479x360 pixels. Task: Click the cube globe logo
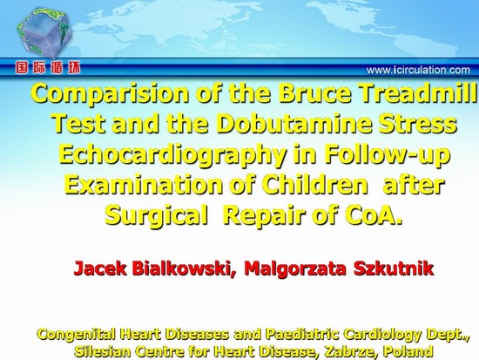(x=44, y=33)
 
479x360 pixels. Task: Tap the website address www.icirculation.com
(x=418, y=70)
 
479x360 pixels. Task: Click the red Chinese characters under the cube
(x=48, y=68)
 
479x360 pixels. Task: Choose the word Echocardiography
(x=172, y=155)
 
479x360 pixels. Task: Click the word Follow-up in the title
(x=387, y=155)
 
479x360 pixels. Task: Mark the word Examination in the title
(x=144, y=185)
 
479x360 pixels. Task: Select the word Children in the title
(x=314, y=185)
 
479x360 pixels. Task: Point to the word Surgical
(x=156, y=216)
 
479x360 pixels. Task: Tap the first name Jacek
(x=99, y=268)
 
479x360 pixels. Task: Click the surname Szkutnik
(x=394, y=268)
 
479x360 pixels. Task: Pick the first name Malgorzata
(x=295, y=268)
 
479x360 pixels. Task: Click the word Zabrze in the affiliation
(x=348, y=351)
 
